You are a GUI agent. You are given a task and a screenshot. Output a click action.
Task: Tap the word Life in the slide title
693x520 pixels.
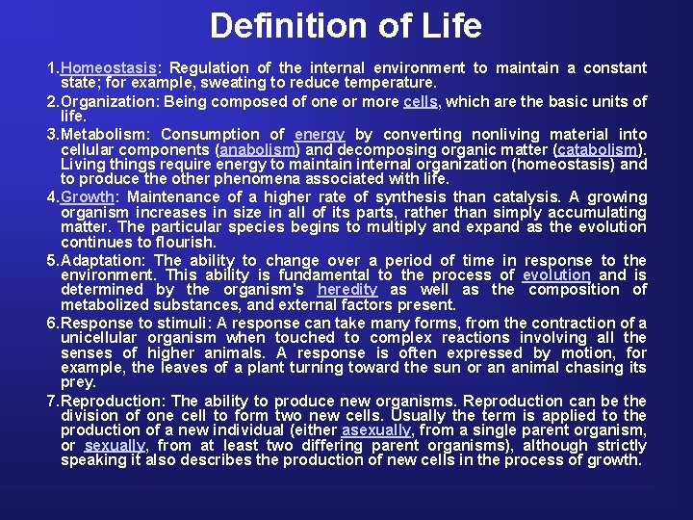450,26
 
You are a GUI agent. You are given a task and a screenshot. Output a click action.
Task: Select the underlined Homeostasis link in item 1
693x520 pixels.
109,67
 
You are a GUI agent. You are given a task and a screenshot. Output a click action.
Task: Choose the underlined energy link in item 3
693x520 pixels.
319,135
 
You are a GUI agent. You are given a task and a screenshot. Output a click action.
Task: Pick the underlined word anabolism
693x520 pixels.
258,150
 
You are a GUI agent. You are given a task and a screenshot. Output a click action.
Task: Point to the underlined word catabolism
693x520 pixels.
596,150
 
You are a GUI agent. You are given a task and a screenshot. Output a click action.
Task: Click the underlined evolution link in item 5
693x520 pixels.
556,275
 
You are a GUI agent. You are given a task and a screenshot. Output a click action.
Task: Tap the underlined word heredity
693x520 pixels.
346,290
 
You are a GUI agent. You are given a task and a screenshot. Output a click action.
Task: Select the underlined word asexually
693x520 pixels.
376,430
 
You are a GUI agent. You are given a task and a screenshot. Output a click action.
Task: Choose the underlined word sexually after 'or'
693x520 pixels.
115,445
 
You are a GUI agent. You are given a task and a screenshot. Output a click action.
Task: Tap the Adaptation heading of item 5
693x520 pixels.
101,260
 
